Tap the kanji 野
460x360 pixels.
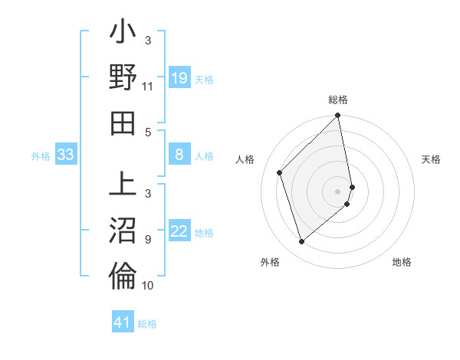[123, 79]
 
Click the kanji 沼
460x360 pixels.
[123, 231]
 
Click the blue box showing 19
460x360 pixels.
[179, 77]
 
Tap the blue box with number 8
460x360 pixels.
[179, 155]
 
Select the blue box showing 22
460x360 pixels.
[179, 231]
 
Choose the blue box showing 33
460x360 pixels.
[65, 155]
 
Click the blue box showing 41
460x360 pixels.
[123, 322]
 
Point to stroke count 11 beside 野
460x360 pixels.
[147, 86]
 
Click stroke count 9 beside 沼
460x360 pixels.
[148, 238]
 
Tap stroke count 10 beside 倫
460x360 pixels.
[147, 286]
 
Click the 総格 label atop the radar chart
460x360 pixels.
[338, 100]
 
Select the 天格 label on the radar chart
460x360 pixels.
[431, 159]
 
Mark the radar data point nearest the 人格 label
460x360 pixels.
[280, 172]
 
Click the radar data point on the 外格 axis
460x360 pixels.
[302, 242]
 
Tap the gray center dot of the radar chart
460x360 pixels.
[338, 191]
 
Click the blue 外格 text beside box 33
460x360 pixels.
[41, 156]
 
